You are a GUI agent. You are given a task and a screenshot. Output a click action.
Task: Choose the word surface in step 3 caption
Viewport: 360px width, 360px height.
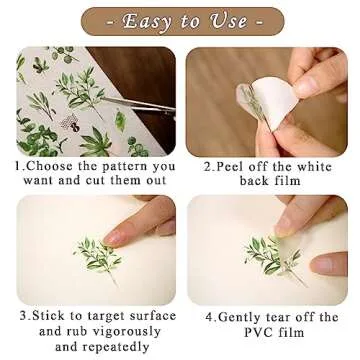pos(149,316)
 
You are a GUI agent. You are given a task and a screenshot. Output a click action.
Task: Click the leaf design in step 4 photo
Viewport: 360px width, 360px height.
pos(272,257)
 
